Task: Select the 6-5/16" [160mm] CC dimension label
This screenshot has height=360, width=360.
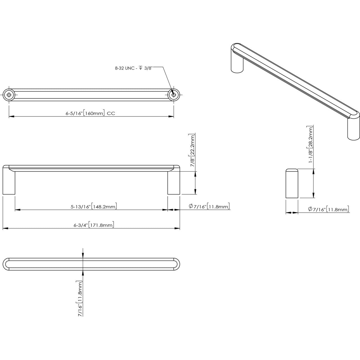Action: pos(90,114)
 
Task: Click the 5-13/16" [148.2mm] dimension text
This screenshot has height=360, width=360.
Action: pos(94,207)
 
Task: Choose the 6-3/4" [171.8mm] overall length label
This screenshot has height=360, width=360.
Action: pos(94,225)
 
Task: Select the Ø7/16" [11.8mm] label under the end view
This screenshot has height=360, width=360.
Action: pos(328,209)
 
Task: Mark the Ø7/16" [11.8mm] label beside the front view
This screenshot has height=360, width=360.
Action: pos(209,207)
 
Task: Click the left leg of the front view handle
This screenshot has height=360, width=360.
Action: pos(9,183)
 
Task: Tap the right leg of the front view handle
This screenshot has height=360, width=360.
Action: pos(174,183)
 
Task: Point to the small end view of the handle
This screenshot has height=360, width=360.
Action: pos(292,184)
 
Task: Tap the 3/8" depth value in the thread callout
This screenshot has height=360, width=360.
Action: pos(148,68)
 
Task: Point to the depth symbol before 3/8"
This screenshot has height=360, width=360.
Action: pos(141,68)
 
